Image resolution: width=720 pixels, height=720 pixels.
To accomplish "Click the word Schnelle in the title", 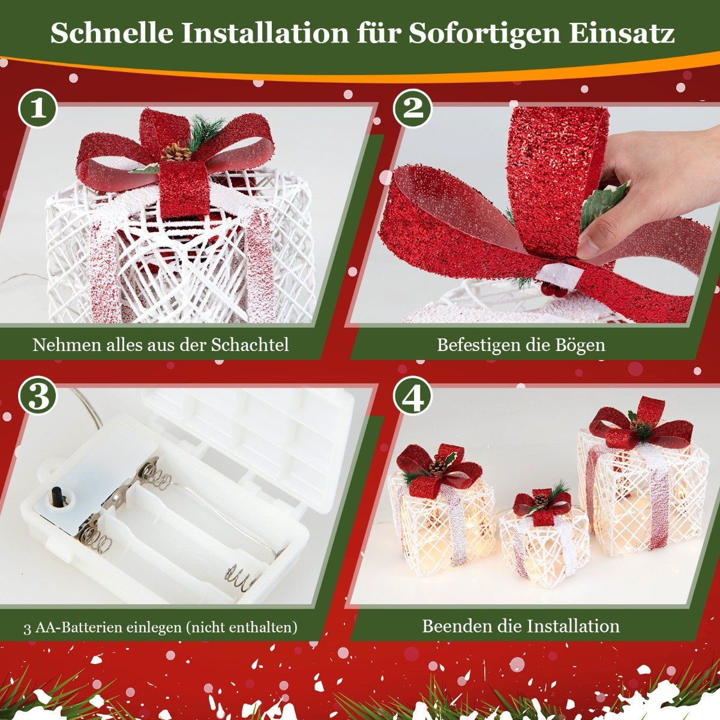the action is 112,34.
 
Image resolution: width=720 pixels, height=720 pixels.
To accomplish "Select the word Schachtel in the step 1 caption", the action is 250,344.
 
